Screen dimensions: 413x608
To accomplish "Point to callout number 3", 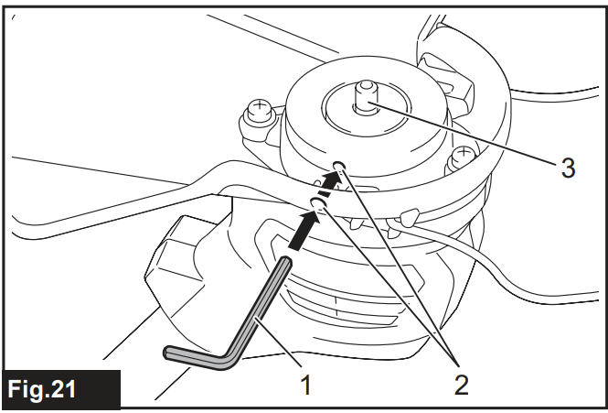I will [x=568, y=168].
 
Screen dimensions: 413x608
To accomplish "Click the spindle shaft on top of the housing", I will [x=367, y=95].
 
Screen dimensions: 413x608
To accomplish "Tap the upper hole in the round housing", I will [x=340, y=167].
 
